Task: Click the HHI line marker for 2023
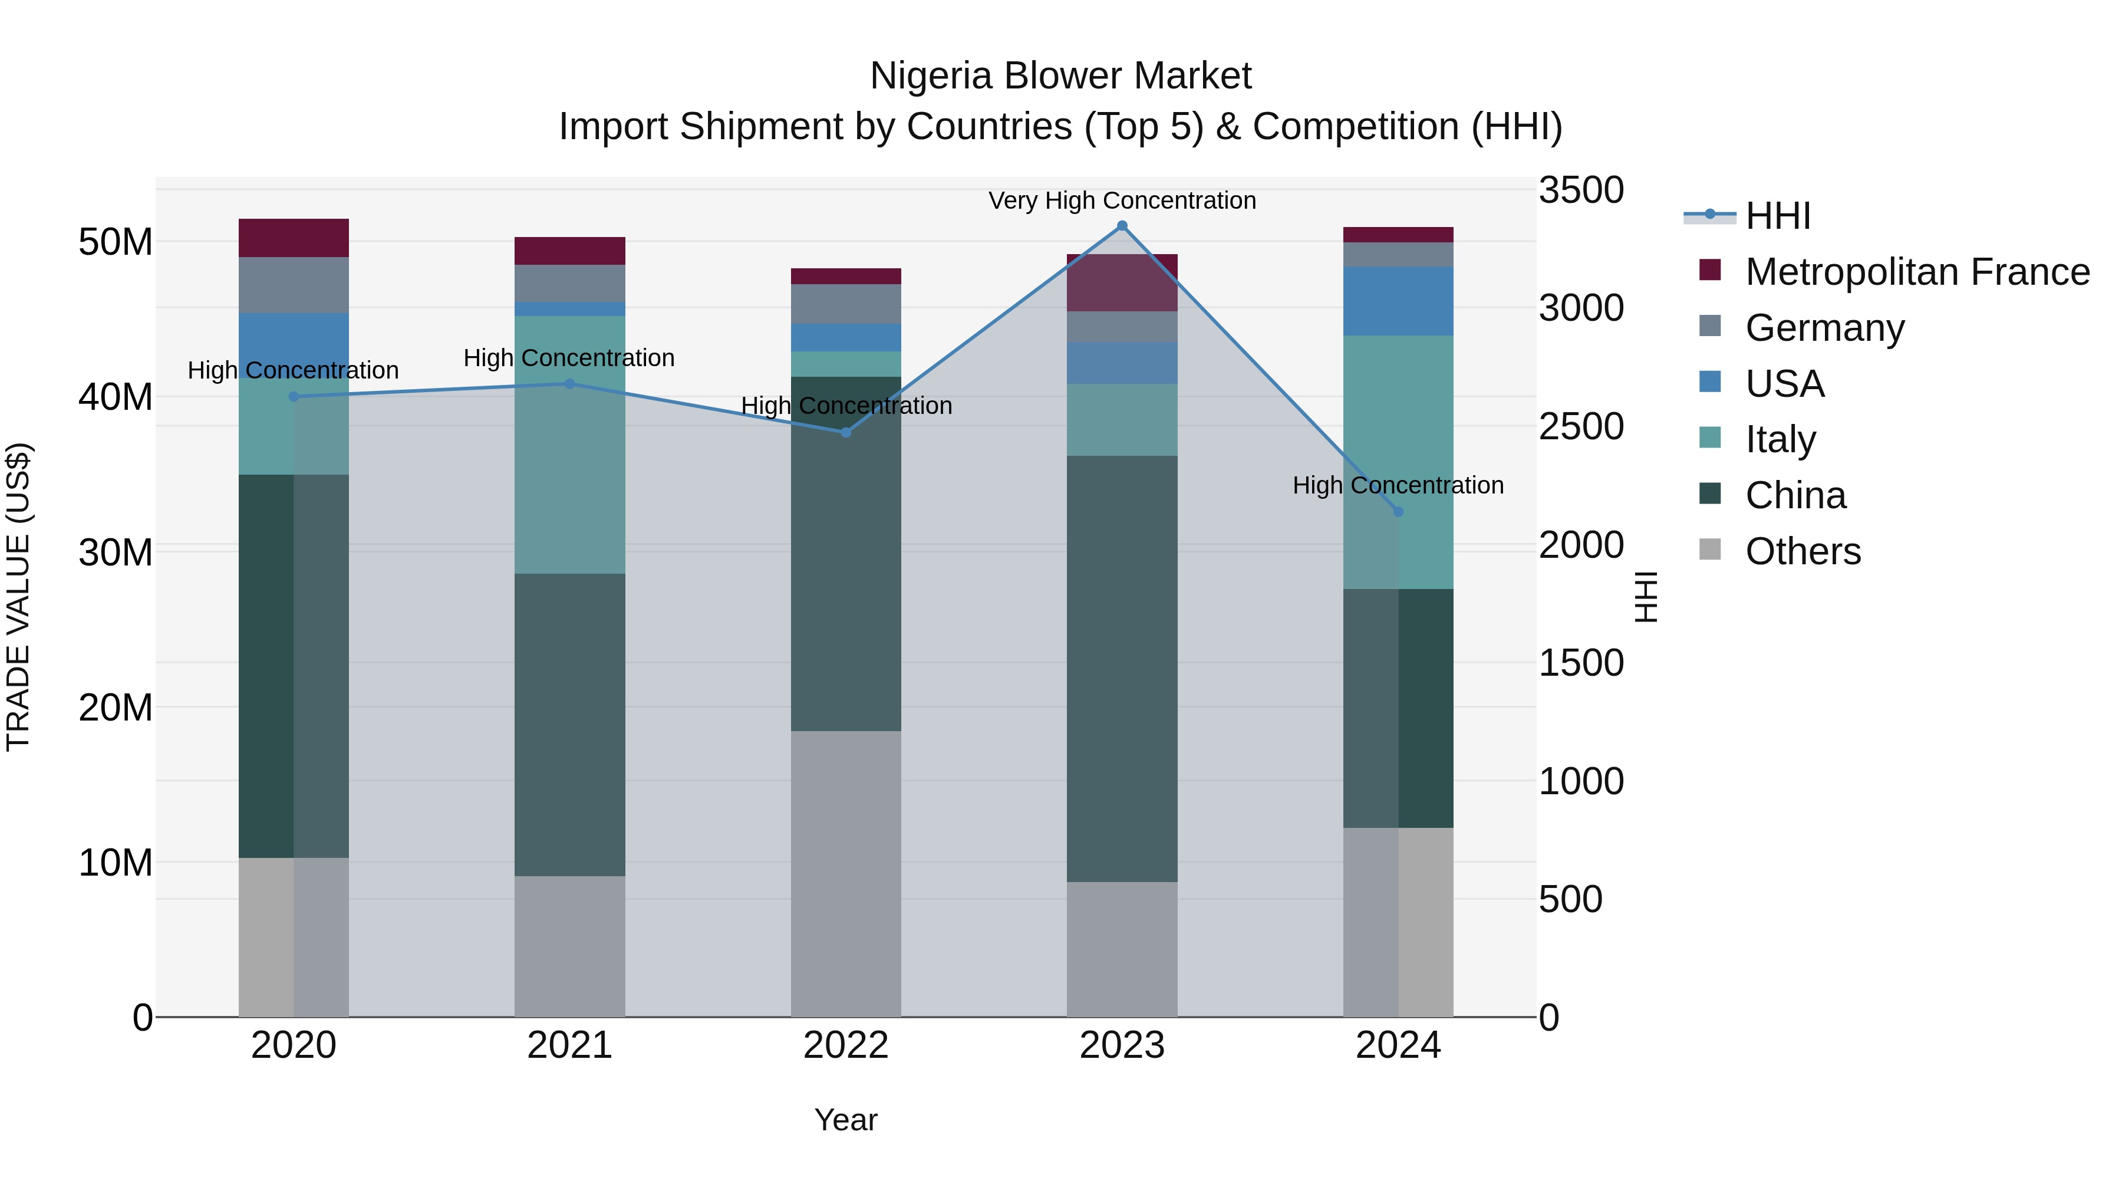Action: pos(1122,226)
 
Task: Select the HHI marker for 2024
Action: pos(1398,512)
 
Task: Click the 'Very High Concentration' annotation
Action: pos(1122,200)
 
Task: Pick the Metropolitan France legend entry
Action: pos(1917,271)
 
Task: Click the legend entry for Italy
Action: pos(1780,439)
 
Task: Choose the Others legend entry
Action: pos(1803,551)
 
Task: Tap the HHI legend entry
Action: pos(1778,216)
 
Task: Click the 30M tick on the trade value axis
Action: pos(116,551)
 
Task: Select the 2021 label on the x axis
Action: pos(569,1045)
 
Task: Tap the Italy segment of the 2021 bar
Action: pos(569,445)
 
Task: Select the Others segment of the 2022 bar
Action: pos(846,873)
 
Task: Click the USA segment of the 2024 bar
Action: pos(1398,301)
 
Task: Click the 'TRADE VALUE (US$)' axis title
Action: pos(18,597)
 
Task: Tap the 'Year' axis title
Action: pos(846,1120)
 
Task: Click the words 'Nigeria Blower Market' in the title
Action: pos(1060,76)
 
